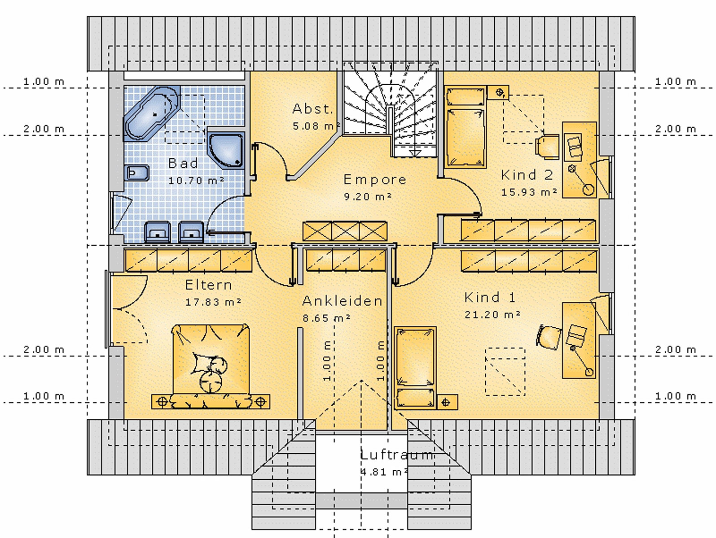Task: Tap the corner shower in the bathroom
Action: pos(227,151)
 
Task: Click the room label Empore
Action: pos(375,179)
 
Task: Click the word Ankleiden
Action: pos(342,301)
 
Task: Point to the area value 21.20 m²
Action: pos(492,315)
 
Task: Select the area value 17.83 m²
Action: pos(214,302)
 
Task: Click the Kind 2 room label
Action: pos(527,175)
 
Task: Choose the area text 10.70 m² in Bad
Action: pos(196,181)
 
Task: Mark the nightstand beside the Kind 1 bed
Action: pos(446,402)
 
